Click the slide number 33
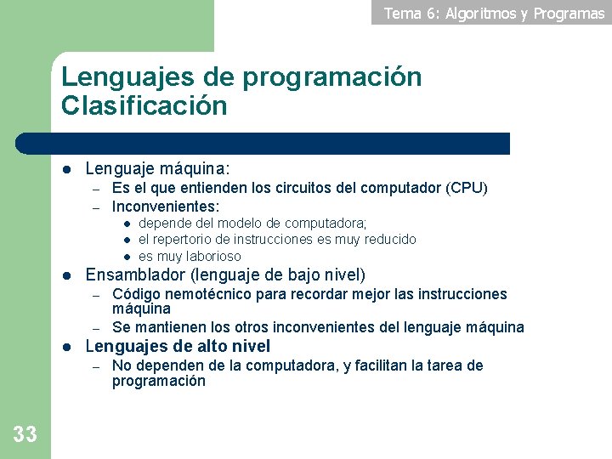[x=25, y=434]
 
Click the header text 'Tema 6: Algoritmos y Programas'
[x=494, y=13]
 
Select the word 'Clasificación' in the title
[x=144, y=106]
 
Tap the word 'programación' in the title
[x=331, y=77]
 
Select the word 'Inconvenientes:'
[x=166, y=206]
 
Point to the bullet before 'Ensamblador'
[x=66, y=275]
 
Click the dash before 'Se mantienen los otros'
[x=97, y=328]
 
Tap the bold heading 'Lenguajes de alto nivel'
[x=178, y=346]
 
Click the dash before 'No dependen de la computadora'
[x=97, y=366]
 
